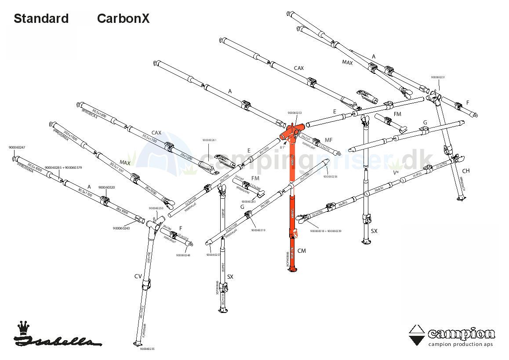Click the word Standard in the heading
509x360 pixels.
coord(41,18)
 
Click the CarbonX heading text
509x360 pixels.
coord(123,18)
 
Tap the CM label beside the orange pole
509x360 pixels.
coord(302,251)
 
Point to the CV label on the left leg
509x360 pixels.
coord(138,276)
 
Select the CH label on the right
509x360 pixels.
coord(465,171)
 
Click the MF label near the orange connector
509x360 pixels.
coord(328,140)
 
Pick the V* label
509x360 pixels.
coord(396,173)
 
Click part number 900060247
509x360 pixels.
coord(17,148)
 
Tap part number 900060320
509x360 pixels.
coord(107,188)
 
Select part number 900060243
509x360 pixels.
coord(121,228)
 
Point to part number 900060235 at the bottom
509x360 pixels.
coord(147,349)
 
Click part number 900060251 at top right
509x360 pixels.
coord(438,77)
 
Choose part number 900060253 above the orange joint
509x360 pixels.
coord(294,113)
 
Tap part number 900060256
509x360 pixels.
coord(330,177)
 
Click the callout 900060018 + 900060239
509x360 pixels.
coord(325,231)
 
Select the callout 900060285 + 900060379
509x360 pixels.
coord(64,167)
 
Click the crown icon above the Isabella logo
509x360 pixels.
coord(22,327)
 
